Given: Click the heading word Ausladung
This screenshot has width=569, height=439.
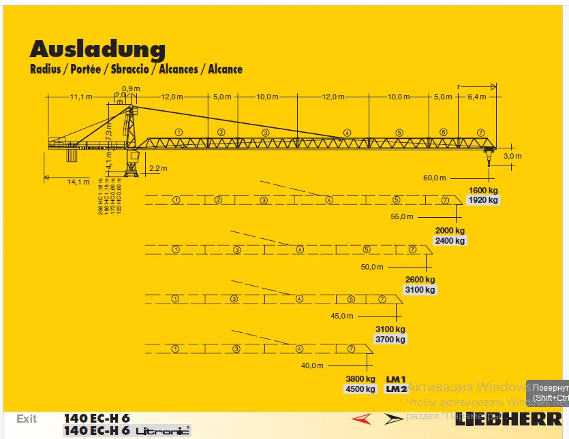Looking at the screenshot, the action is [x=97, y=49].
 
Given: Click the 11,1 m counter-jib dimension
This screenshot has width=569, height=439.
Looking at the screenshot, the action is [x=80, y=97].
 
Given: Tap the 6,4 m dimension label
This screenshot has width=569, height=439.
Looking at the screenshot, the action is [x=478, y=97].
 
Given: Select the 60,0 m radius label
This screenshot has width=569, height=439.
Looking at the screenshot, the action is [x=434, y=178].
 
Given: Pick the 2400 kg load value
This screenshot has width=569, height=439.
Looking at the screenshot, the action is [x=450, y=241].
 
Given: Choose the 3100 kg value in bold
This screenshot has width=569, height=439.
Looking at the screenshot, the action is [x=390, y=329].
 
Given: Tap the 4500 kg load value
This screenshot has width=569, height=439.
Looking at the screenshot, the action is [x=360, y=389].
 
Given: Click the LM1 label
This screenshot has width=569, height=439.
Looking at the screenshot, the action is [x=396, y=379].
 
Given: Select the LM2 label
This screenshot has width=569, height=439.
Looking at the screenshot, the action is [x=396, y=389].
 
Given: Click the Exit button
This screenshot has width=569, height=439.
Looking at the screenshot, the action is [x=27, y=419].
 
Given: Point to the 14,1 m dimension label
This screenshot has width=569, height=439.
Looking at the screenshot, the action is [x=78, y=182].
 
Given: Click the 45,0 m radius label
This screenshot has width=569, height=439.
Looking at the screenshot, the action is [x=342, y=316].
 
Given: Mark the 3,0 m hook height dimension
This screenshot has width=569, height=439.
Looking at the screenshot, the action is [x=512, y=156].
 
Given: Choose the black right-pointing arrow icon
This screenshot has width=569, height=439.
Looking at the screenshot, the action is [x=394, y=419].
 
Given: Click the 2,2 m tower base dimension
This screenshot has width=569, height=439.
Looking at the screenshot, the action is [x=158, y=168].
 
